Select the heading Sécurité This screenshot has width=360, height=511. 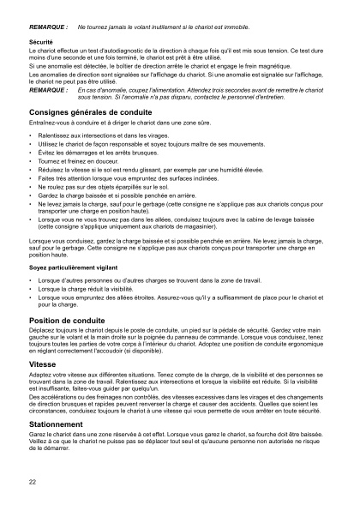point(41,40)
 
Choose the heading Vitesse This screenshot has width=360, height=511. point(43,364)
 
